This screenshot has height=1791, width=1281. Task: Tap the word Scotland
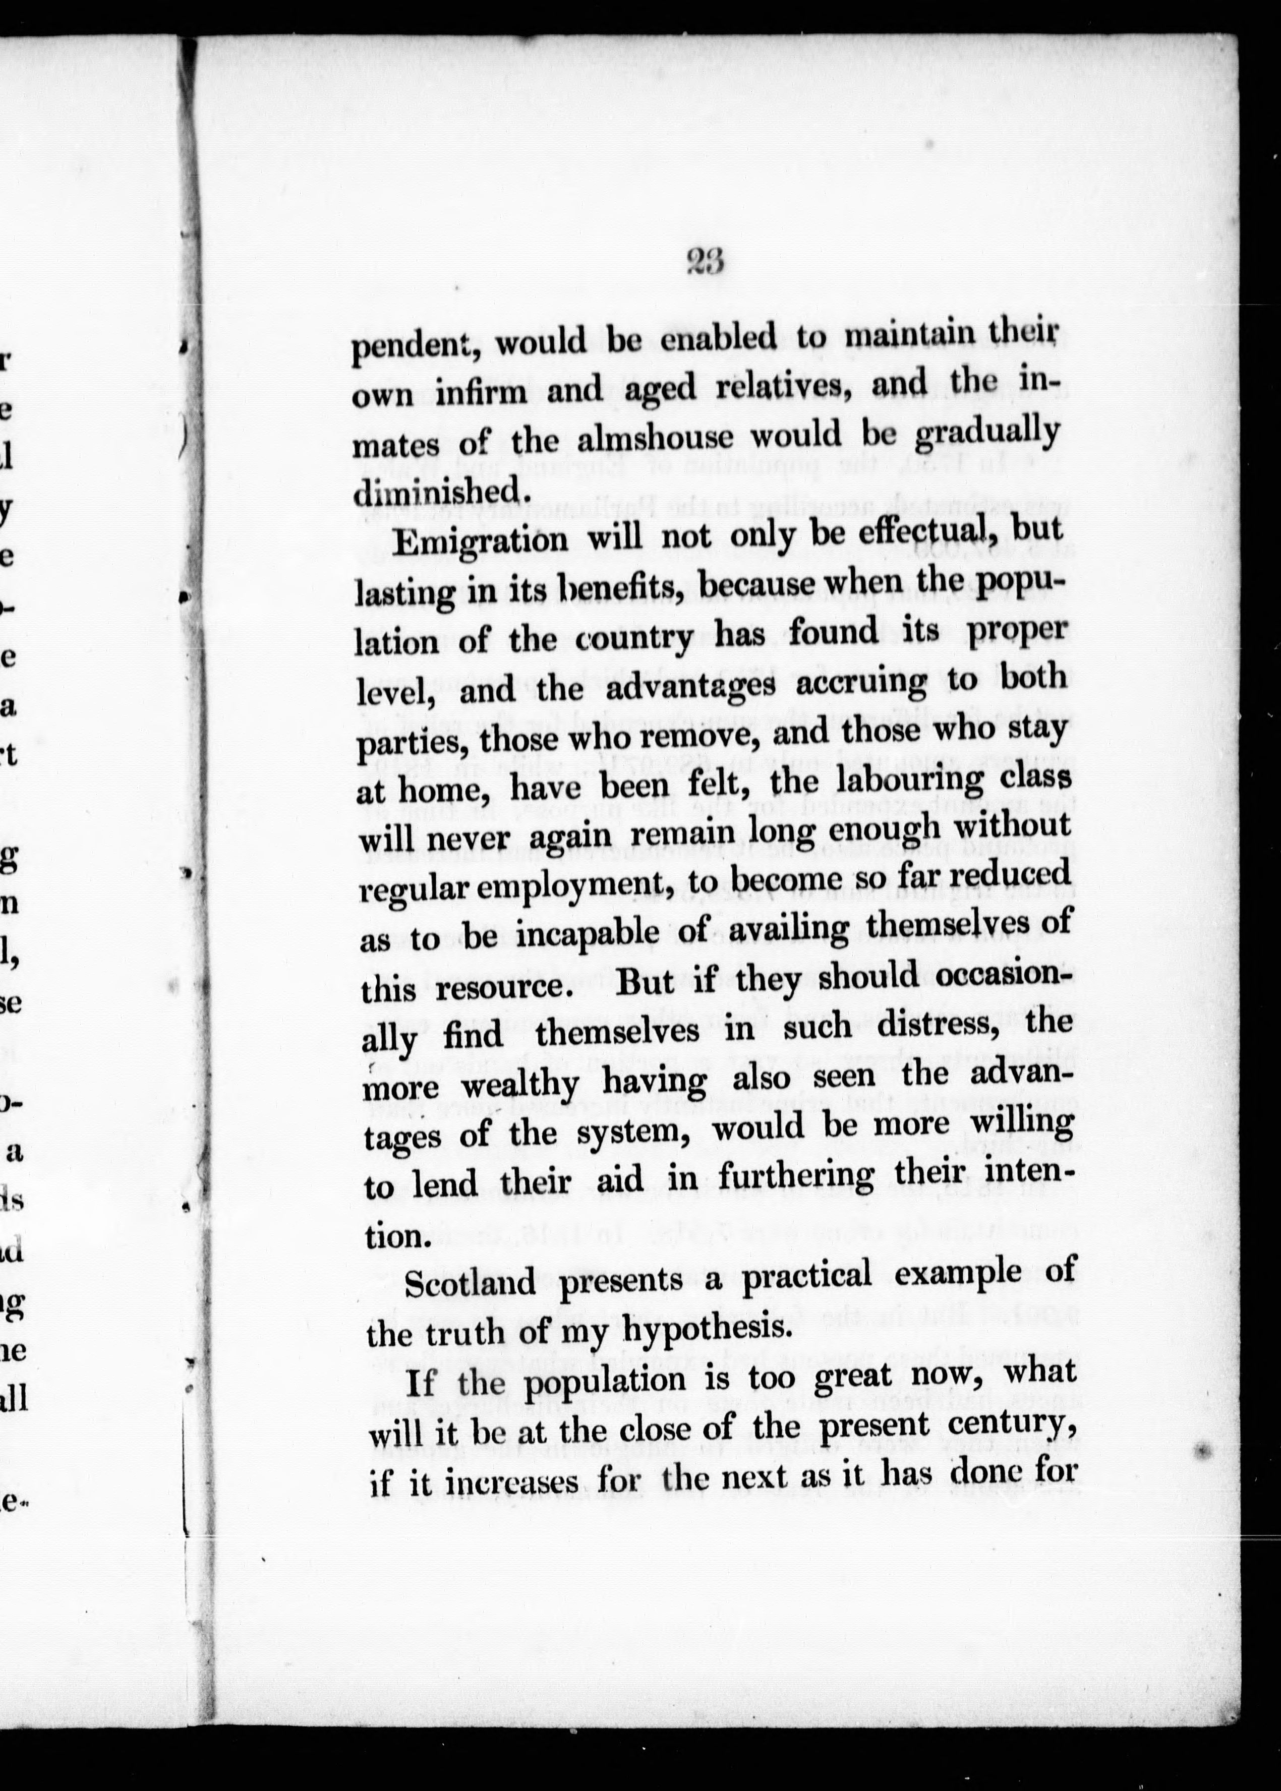(x=471, y=1283)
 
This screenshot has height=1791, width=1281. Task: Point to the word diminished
(x=438, y=491)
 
